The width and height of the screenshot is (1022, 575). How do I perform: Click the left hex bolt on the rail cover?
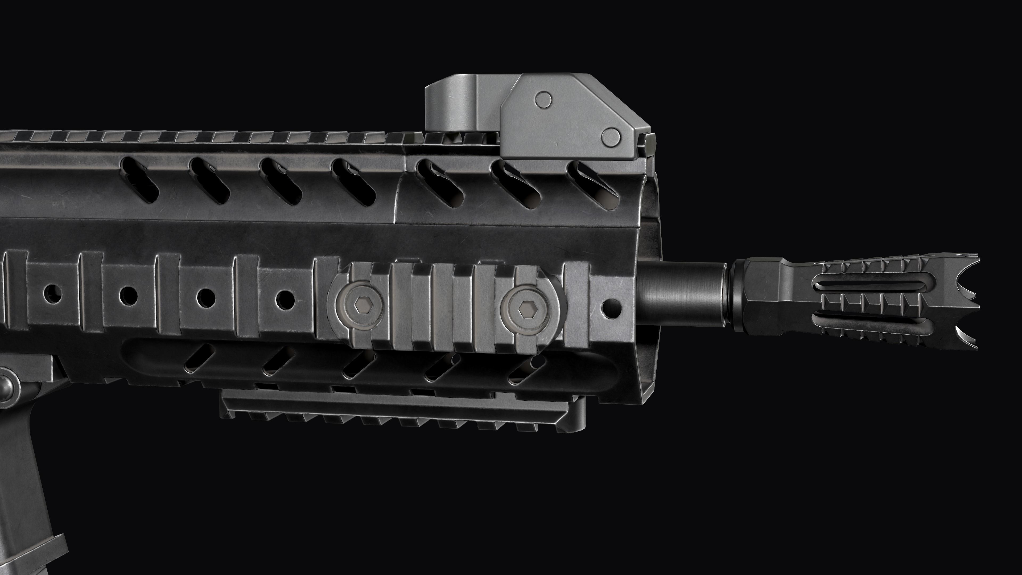point(360,305)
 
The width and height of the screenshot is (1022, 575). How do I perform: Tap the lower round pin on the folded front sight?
point(610,137)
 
